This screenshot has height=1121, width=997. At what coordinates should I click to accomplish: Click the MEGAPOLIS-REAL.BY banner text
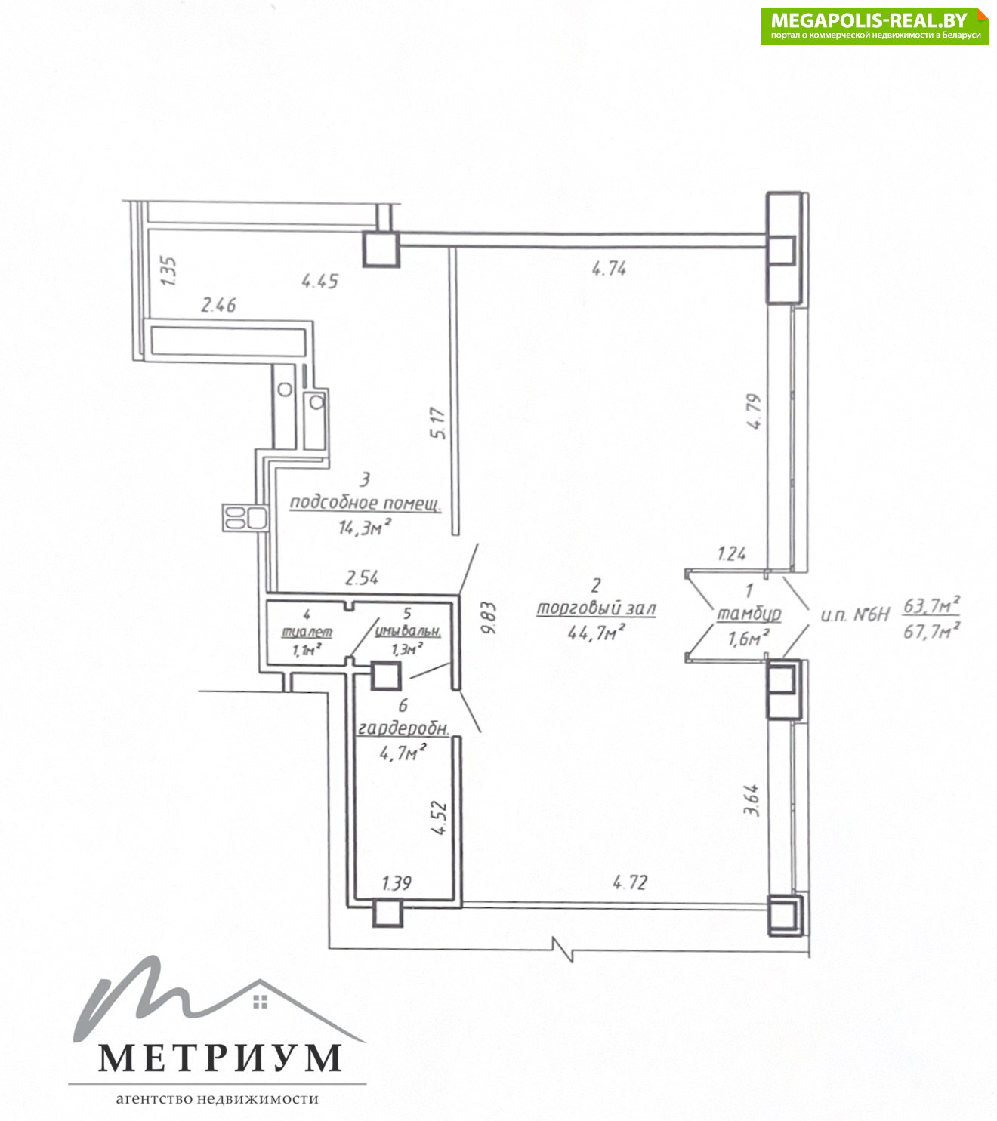(869, 20)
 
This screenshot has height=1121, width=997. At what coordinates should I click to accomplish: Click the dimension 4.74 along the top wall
(609, 269)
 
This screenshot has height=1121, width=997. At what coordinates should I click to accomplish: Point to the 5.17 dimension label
(438, 423)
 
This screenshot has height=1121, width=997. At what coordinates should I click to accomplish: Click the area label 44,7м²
(597, 632)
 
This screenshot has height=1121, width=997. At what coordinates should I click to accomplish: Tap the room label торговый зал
(596, 608)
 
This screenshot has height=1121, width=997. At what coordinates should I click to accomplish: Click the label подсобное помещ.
(366, 503)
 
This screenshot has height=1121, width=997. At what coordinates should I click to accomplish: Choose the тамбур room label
(749, 614)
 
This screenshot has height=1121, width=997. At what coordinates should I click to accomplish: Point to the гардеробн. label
(403, 729)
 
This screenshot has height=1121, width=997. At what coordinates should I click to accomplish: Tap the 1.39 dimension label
(397, 882)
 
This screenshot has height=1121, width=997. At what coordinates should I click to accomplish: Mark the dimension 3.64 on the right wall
(753, 800)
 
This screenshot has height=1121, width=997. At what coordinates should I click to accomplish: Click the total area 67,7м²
(932, 630)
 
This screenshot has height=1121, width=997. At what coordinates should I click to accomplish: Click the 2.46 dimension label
(219, 305)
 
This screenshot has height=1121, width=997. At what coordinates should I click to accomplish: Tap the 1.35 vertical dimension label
(168, 270)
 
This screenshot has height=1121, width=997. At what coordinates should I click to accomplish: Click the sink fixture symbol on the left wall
(245, 518)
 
